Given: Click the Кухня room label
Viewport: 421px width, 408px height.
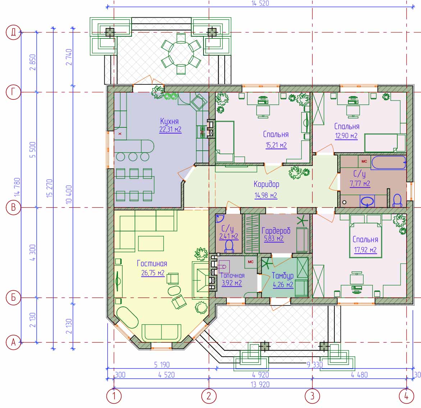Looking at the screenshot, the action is point(169,121).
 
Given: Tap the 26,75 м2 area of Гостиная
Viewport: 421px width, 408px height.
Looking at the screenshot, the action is point(153,273).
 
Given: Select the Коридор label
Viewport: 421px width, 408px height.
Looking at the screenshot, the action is point(266,184).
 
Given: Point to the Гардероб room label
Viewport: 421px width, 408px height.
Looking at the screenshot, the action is point(276,230).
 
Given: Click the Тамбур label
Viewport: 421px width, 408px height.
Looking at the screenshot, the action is point(283,276).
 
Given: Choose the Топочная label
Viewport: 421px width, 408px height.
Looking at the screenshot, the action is point(233,276).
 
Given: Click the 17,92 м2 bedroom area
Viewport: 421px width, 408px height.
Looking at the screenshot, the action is point(365,250).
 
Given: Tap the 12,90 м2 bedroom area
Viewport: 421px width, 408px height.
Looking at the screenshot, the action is point(346,136).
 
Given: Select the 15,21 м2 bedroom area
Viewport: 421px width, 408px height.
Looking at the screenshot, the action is point(276,145).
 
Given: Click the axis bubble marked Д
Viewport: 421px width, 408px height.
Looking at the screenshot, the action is point(13,32).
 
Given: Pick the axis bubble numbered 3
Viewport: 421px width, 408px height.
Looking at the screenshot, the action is point(312,396).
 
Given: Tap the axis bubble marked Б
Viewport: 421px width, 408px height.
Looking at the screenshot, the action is point(13,297).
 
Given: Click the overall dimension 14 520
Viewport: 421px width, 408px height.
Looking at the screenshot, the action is point(260,3).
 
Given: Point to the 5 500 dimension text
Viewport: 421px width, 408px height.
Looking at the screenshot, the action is point(32,150).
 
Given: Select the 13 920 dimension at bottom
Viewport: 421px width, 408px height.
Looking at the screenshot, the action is point(260,384).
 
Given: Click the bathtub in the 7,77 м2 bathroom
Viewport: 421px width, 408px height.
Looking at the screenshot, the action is point(389,163).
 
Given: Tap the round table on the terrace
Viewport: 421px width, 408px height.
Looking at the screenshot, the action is point(181,54).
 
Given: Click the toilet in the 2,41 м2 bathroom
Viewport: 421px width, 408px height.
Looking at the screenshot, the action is point(229,246).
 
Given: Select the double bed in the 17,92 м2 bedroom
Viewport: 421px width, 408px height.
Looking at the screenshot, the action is point(365,236).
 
